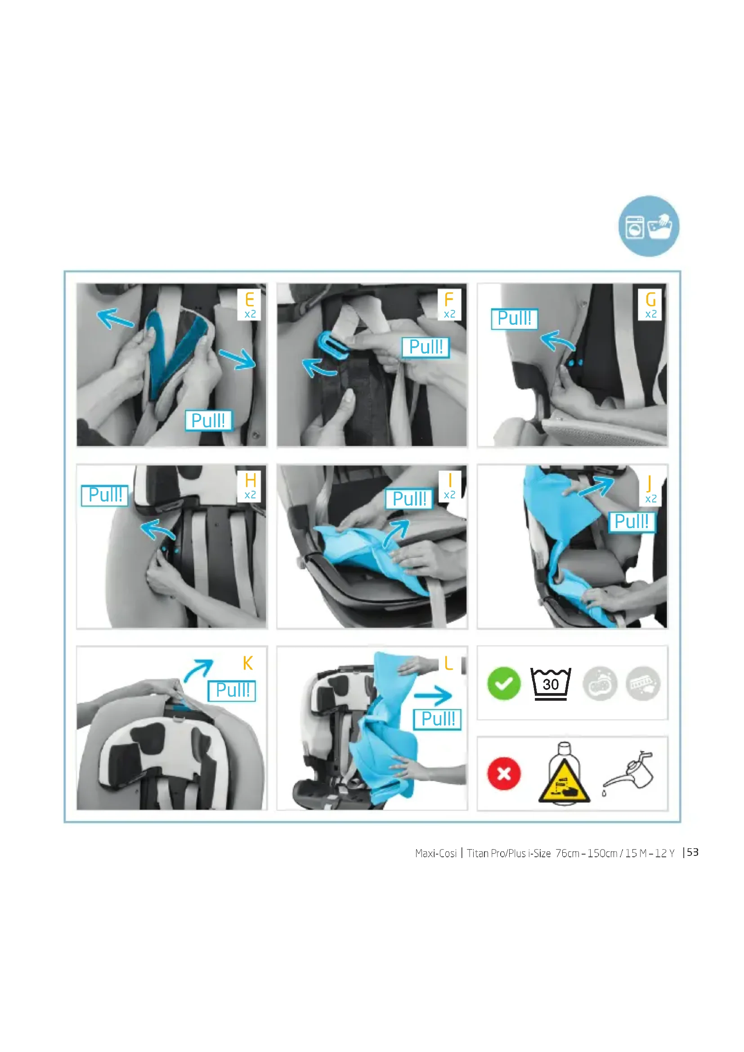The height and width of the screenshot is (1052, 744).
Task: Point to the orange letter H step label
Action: [x=250, y=480]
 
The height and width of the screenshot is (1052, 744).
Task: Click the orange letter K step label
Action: [x=247, y=663]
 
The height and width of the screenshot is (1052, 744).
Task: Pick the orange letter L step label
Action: [x=448, y=663]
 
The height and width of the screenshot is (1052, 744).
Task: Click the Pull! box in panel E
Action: [x=208, y=420]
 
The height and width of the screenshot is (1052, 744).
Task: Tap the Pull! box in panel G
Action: [x=514, y=318]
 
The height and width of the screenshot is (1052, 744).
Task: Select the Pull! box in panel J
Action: [x=632, y=521]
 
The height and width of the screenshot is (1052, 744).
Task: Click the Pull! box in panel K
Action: [x=232, y=690]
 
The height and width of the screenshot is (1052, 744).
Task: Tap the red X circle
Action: [x=504, y=774]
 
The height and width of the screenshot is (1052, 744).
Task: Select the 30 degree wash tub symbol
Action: [x=551, y=684]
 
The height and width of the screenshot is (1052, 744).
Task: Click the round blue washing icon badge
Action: [x=649, y=226]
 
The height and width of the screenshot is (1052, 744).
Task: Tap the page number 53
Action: [x=692, y=852]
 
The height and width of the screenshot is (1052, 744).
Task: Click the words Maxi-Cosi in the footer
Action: [x=436, y=853]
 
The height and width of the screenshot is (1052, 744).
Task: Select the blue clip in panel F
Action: [x=332, y=345]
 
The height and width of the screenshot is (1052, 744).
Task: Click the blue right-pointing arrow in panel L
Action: [x=432, y=696]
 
